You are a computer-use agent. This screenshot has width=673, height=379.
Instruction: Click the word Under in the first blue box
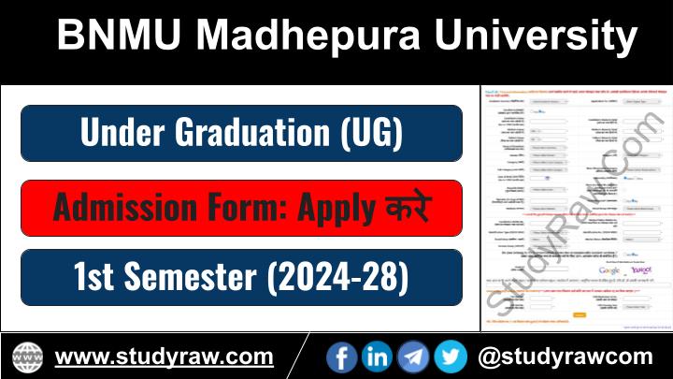tap(117, 133)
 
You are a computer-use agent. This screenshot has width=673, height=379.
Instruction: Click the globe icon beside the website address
tap(27, 357)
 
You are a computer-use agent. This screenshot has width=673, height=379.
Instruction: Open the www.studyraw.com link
tap(164, 357)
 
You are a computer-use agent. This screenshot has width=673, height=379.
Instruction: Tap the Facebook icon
tap(342, 357)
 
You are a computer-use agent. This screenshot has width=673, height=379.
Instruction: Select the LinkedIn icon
tap(378, 357)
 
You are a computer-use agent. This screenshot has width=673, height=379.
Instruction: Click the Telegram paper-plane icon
tap(413, 357)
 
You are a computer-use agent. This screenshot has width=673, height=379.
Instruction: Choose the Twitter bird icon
tap(450, 357)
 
